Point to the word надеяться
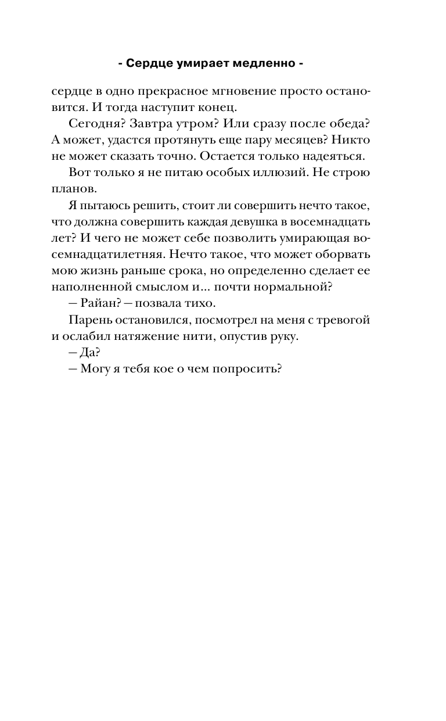[x=337, y=157]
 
